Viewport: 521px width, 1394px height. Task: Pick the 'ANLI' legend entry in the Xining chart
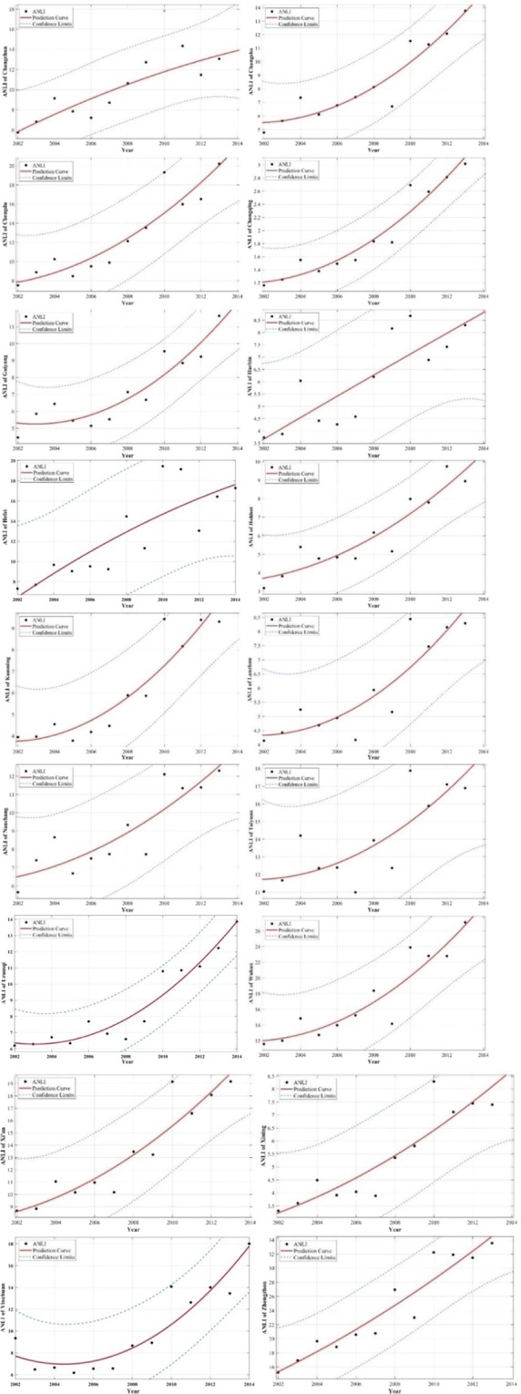[x=289, y=1081]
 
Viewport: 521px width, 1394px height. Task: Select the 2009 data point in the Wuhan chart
[x=392, y=1023]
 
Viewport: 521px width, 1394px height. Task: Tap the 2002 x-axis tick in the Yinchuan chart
[x=15, y=1385]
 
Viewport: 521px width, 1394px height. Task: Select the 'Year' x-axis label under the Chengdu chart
[x=127, y=303]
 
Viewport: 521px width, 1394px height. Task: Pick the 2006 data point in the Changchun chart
[x=91, y=118]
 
